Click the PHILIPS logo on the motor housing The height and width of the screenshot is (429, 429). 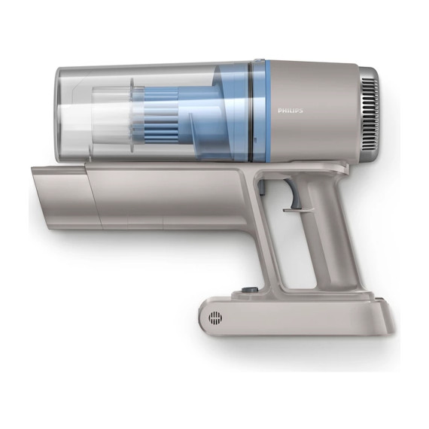(291, 111)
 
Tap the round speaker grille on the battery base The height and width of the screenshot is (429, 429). (215, 318)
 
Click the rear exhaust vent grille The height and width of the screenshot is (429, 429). (370, 114)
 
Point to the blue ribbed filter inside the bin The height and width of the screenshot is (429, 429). (161, 116)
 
